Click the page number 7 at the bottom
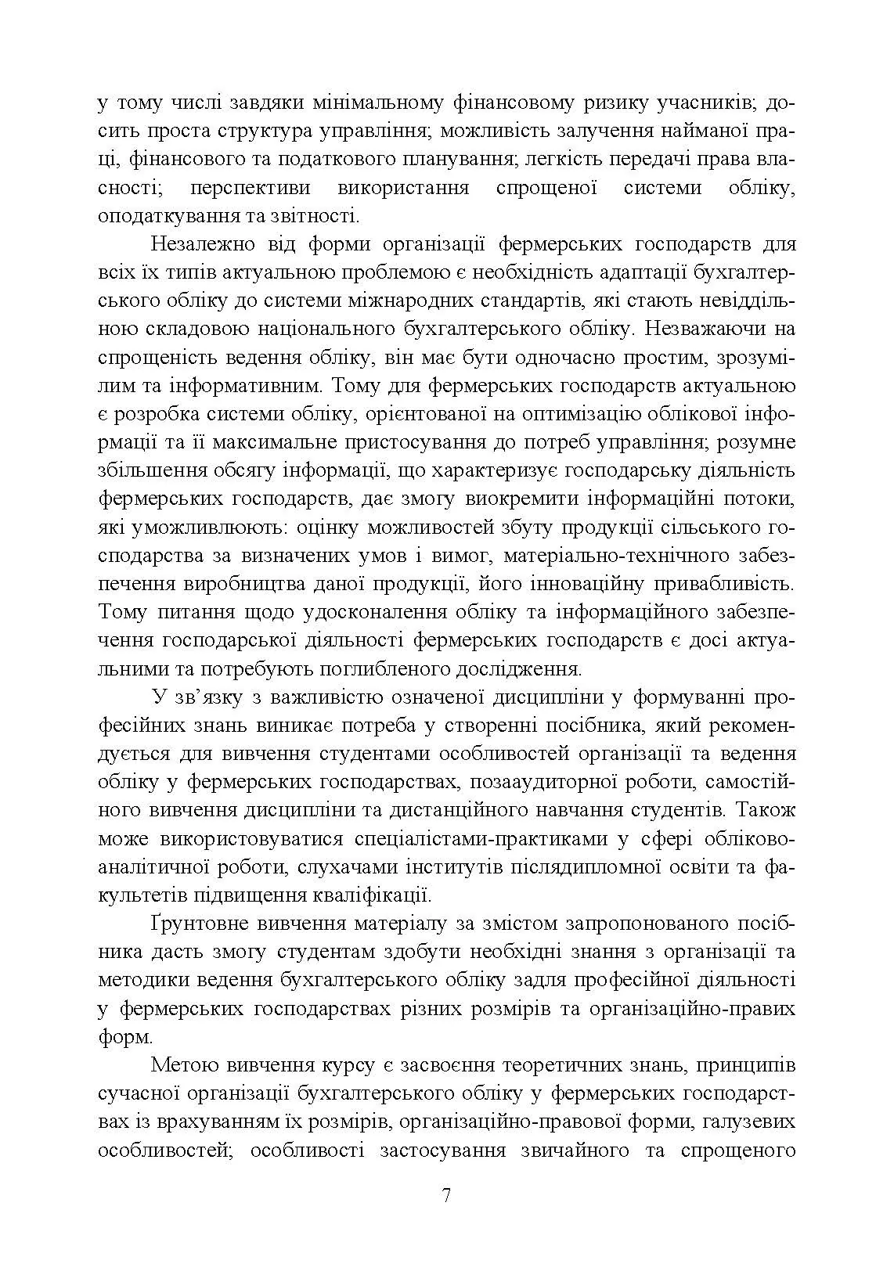446,1197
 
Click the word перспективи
249,189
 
